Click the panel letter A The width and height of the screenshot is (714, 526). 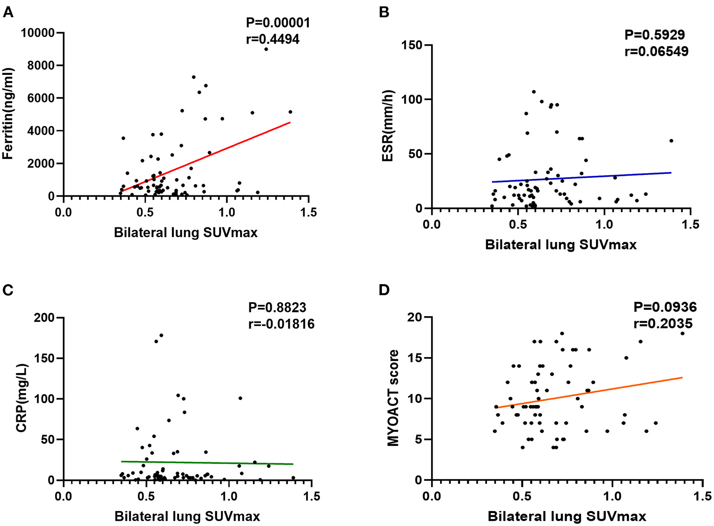point(8,12)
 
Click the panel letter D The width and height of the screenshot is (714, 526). point(384,290)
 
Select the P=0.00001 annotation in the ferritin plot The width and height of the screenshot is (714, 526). point(278,22)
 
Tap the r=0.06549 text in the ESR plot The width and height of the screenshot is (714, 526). point(656,51)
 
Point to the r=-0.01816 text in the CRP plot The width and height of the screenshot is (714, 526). point(281,324)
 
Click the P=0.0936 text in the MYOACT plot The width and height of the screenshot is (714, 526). point(665,307)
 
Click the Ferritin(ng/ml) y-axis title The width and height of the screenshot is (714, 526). point(8,114)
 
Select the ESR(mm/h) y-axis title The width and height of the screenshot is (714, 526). point(387,126)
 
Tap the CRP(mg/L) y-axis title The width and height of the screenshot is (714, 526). point(22,398)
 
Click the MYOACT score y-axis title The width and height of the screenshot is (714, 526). point(394,398)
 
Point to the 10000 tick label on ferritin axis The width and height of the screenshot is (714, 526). point(38,33)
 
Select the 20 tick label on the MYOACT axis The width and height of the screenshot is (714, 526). point(415,317)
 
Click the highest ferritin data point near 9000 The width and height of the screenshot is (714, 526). point(266,49)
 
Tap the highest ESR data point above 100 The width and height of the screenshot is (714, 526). point(534,92)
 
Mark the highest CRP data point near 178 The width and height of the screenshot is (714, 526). point(161,335)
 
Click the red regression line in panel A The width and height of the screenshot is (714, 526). point(205,157)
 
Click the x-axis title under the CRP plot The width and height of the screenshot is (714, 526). point(187,516)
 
